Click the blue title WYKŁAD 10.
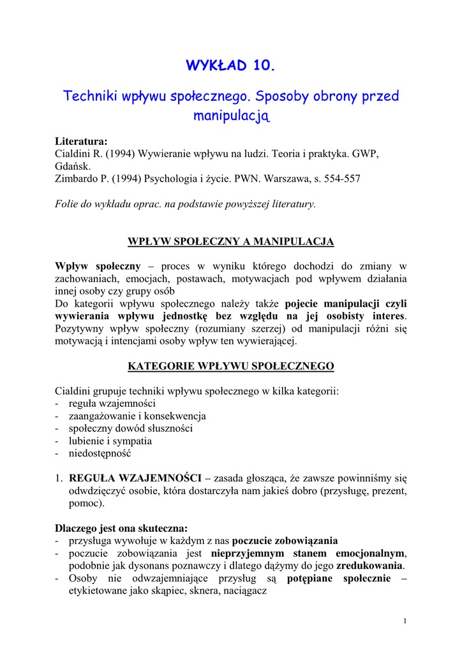pyautogui.click(x=230, y=66)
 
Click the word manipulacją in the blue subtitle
pyautogui.click(x=232, y=116)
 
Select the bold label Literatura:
pyautogui.click(x=81, y=142)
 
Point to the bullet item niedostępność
pyautogui.click(x=100, y=453)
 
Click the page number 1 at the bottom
pyautogui.click(x=405, y=621)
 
